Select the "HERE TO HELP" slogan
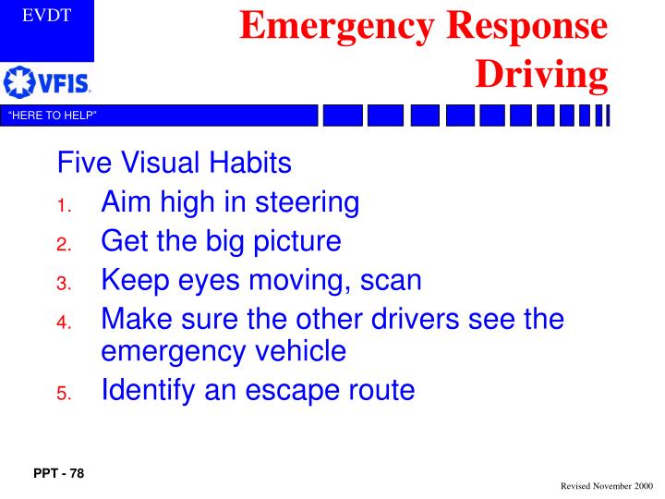click(x=53, y=116)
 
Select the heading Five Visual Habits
click(x=175, y=164)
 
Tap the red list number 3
click(x=63, y=284)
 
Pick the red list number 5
click(x=63, y=395)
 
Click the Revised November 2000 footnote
click(x=604, y=485)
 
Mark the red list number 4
click(x=63, y=323)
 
